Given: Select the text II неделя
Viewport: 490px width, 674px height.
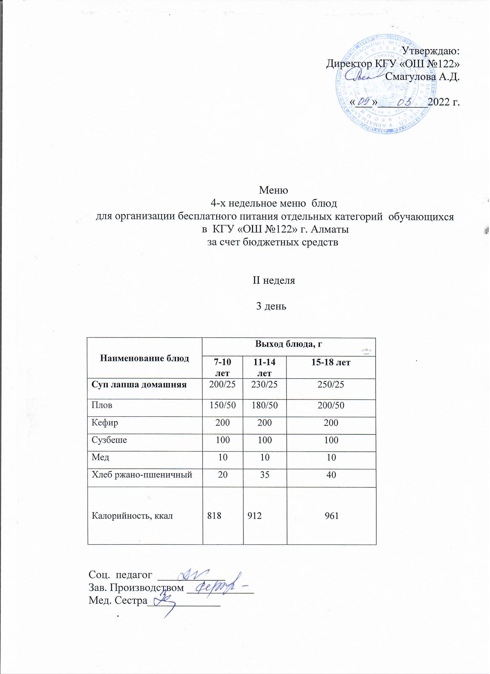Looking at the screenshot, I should click(274, 280).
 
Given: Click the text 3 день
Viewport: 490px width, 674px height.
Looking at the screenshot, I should click(271, 306).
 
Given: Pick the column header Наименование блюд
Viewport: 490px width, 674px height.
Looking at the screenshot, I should click(145, 358).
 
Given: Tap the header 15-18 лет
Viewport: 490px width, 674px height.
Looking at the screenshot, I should click(331, 362).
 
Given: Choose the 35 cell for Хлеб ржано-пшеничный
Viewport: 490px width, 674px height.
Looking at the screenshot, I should click(265, 475).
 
